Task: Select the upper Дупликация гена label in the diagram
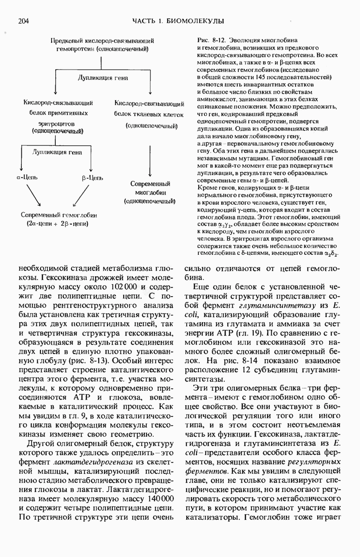(101, 78)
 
